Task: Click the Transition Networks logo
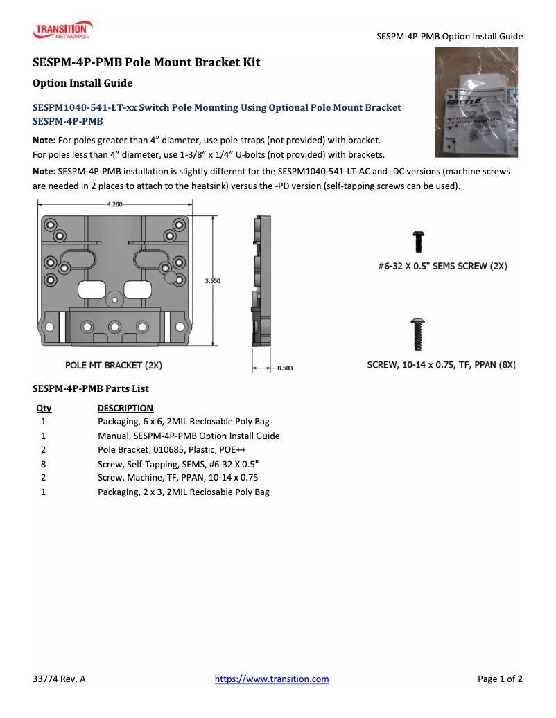pyautogui.click(x=62, y=30)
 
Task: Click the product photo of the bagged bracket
pyautogui.click(x=476, y=102)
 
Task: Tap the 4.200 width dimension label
pyautogui.click(x=114, y=204)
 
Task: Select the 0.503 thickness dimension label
pyautogui.click(x=284, y=368)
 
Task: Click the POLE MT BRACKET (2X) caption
pyautogui.click(x=114, y=365)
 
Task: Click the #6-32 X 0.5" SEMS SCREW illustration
pyautogui.click(x=418, y=242)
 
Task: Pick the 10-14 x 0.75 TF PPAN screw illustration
pyautogui.click(x=419, y=334)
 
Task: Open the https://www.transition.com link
pyautogui.click(x=272, y=679)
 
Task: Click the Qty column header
pyautogui.click(x=44, y=408)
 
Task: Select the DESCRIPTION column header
pyautogui.click(x=125, y=408)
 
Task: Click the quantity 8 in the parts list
pyautogui.click(x=44, y=464)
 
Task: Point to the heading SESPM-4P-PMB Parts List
pyautogui.click(x=91, y=388)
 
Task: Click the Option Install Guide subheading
pyautogui.click(x=82, y=83)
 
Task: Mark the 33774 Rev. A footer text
pyautogui.click(x=59, y=679)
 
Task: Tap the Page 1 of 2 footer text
pyautogui.click(x=500, y=679)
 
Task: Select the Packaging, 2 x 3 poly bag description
pyautogui.click(x=183, y=492)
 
